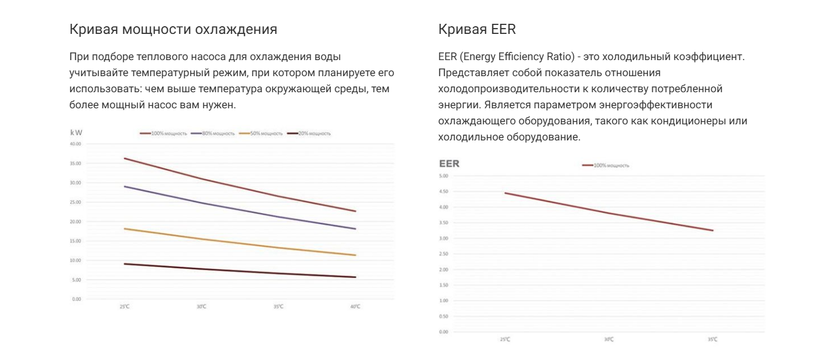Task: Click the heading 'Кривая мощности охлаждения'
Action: [x=173, y=29]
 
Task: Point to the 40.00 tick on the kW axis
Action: [x=76, y=143]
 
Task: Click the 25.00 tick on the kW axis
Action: [x=76, y=202]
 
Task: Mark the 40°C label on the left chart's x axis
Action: [x=355, y=306]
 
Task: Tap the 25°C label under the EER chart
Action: [x=505, y=339]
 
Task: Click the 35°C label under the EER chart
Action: [x=712, y=339]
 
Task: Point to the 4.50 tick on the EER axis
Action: [x=443, y=192]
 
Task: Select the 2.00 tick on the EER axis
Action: [x=443, y=269]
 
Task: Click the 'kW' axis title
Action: [x=76, y=133]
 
